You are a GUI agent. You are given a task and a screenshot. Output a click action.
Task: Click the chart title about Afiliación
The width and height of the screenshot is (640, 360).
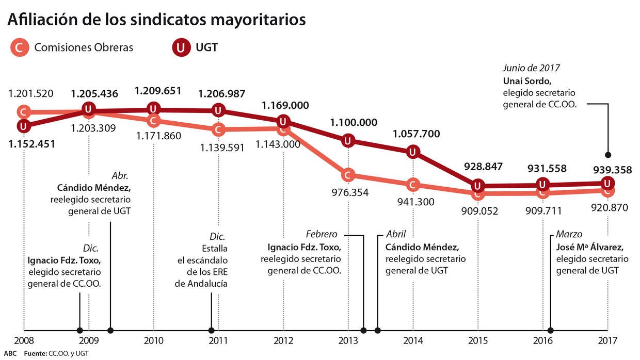156,20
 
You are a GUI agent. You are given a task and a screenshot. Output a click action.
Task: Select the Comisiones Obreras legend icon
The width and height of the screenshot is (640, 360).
20,48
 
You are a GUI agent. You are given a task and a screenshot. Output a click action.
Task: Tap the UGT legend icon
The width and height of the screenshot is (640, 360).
181,48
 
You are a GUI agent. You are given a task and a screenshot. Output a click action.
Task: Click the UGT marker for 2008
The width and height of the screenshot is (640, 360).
23,125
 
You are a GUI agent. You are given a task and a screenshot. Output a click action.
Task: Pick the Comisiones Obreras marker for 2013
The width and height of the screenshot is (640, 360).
348,175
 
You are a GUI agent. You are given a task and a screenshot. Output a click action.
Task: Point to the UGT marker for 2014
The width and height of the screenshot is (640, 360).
413,152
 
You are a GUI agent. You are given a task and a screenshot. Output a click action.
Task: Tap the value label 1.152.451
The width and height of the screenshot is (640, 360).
32,143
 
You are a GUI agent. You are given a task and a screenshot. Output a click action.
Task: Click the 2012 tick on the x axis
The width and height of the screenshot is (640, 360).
283,330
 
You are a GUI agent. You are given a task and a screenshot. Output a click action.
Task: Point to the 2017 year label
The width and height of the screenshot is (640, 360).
608,341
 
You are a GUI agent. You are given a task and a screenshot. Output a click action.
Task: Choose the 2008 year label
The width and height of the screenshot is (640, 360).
24,341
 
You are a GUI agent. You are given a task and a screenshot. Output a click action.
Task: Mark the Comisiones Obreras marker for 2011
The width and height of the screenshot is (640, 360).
218,129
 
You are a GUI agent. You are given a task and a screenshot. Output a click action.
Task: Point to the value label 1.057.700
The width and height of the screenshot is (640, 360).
417,134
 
